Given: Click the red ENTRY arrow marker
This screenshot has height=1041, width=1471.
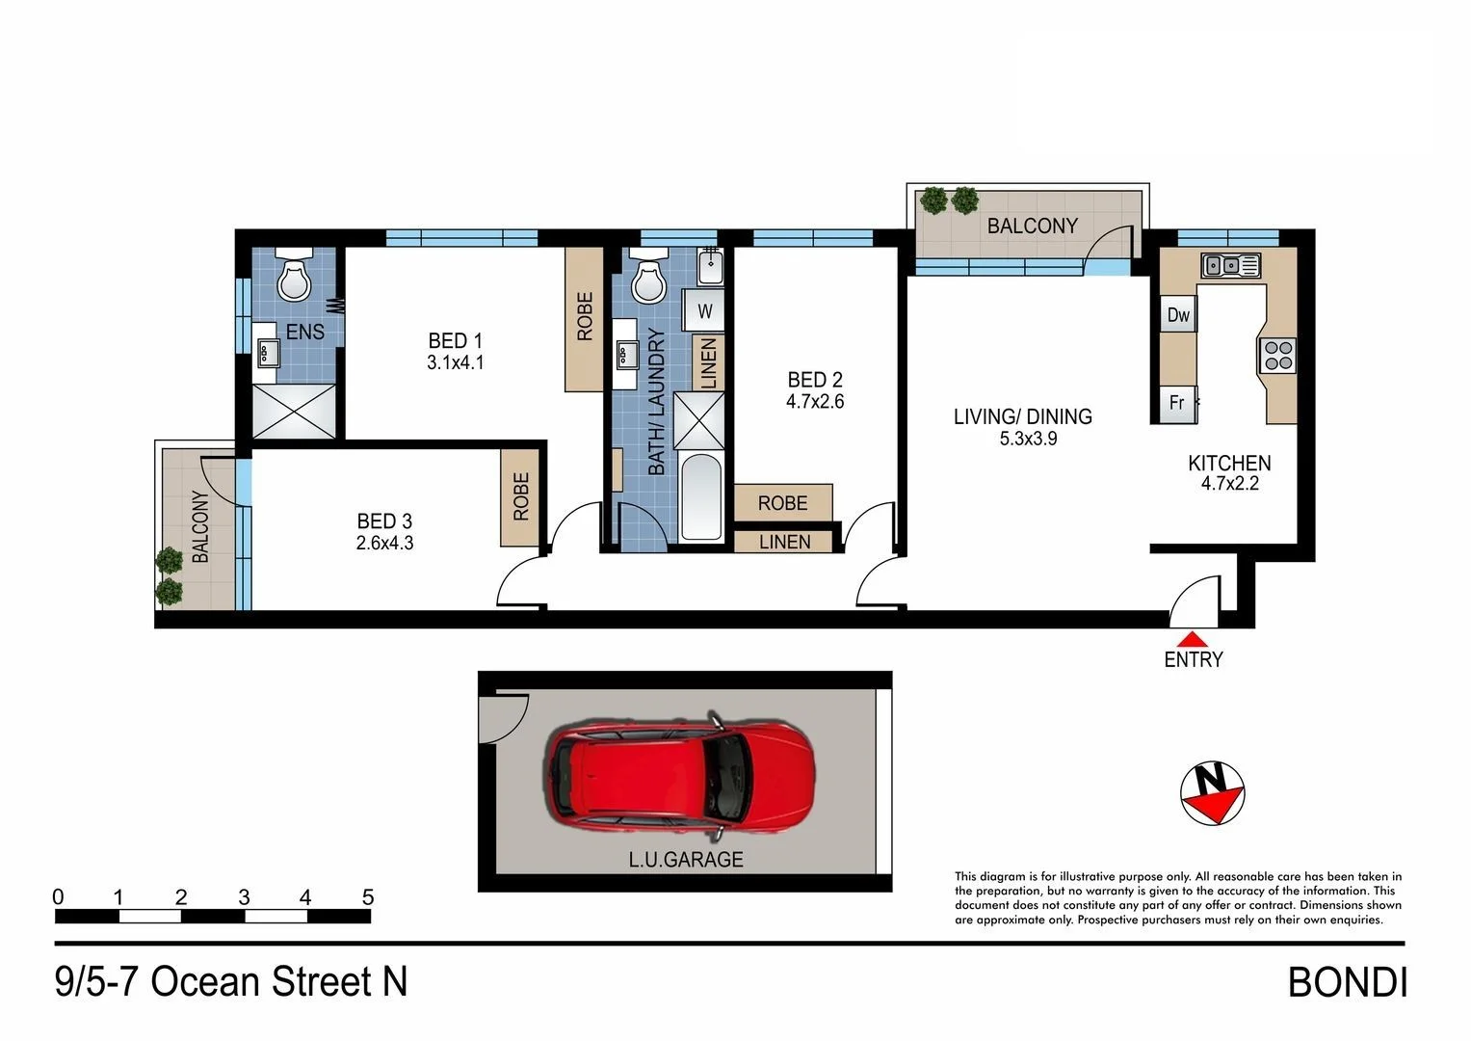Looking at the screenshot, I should [x=1193, y=638].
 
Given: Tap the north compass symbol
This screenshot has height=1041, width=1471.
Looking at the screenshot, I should [x=1212, y=793].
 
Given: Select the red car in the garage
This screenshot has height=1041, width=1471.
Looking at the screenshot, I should [x=680, y=776].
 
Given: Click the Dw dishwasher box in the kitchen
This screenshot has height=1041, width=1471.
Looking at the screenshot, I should [x=1178, y=315].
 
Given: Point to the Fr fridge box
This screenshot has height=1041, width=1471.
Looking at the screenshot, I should [x=1176, y=403].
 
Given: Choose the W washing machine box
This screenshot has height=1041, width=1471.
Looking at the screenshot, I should [x=705, y=311].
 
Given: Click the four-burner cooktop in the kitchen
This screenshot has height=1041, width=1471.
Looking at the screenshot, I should [x=1277, y=356].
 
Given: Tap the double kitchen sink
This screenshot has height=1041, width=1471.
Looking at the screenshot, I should [x=1229, y=264].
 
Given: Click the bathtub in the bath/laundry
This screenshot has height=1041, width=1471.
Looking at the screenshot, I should [x=700, y=497].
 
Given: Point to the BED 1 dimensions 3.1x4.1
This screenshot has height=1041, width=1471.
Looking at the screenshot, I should [x=455, y=363].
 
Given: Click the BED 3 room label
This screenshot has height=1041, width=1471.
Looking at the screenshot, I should [x=384, y=521].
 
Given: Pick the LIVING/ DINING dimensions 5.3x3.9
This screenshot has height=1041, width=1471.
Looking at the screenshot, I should [x=1022, y=439].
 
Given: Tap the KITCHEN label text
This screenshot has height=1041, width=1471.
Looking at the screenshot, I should [x=1229, y=463].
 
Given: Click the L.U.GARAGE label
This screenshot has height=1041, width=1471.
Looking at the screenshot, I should [x=686, y=859].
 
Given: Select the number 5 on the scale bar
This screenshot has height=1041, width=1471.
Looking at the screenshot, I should [x=367, y=897].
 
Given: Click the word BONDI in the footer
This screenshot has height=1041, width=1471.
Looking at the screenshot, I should [x=1347, y=983].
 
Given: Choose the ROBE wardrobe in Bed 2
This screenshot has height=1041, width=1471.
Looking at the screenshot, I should [x=782, y=502].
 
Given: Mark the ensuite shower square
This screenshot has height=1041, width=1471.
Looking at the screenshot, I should [x=294, y=412].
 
